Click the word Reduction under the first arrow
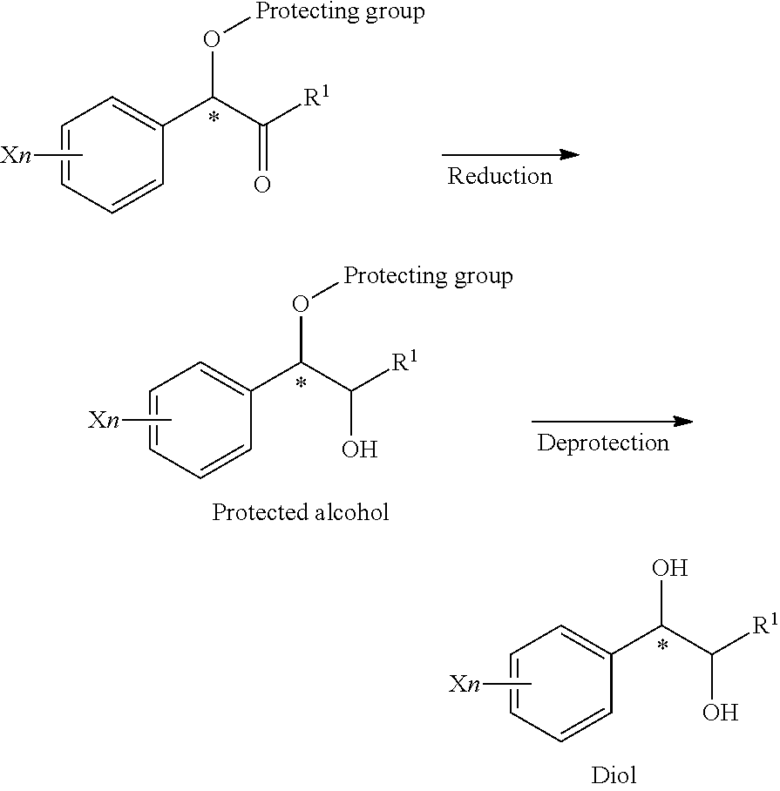pos(500,176)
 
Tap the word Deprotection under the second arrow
pos(603,443)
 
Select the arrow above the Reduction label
pos(511,154)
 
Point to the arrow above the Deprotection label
pos(613,422)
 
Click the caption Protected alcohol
pos(300,512)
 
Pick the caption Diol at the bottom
pos(614,774)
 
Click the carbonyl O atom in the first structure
pos(262,185)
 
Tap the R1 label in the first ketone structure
pos(316,96)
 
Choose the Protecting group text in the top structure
pos(340,12)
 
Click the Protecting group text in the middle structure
pos(428,276)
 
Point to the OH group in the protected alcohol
pos(359,449)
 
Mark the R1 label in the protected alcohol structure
pos(404,361)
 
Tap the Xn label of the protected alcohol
pos(105,420)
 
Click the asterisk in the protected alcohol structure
pos(302,384)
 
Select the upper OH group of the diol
pos(669,568)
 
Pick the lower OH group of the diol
pos(721,713)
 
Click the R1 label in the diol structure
pos(766,624)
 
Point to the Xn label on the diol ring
pos(465,684)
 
